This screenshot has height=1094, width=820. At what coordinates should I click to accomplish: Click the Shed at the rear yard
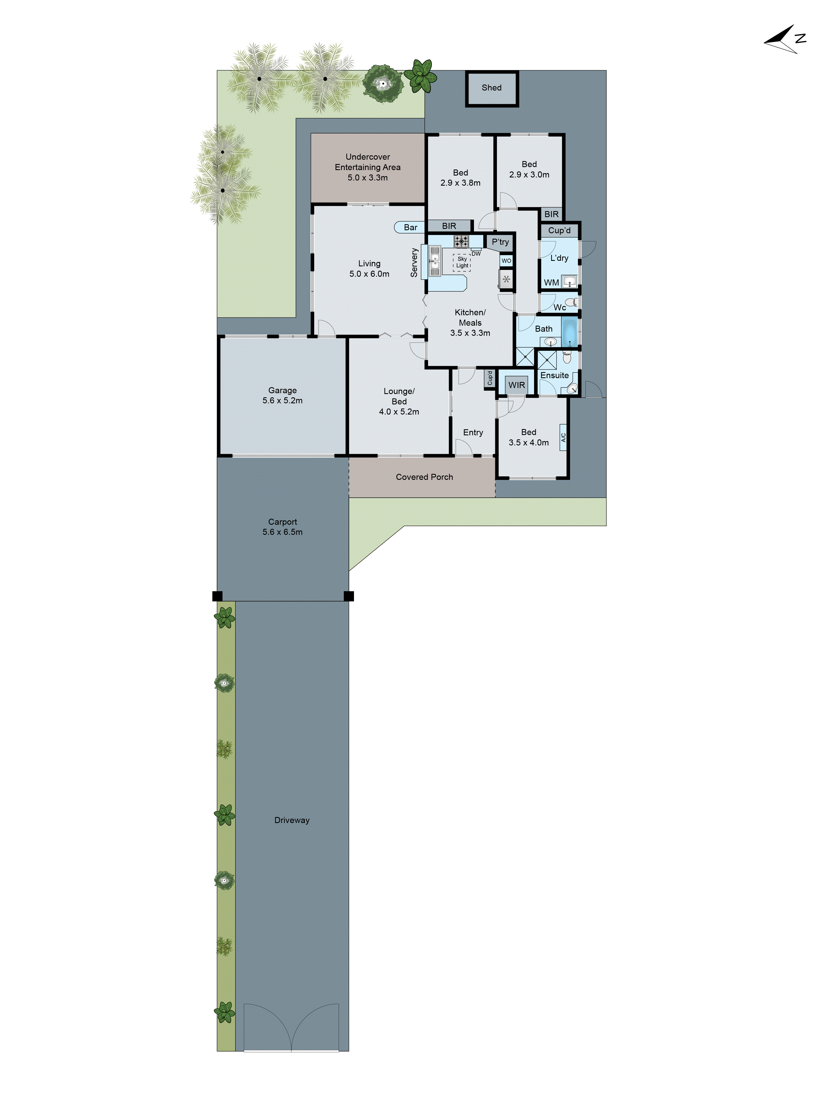pyautogui.click(x=491, y=88)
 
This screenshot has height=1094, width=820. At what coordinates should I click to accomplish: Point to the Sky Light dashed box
pyautogui.click(x=462, y=262)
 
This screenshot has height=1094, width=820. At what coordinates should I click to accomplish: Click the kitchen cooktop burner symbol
pyautogui.click(x=461, y=241)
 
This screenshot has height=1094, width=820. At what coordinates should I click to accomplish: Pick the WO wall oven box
pyautogui.click(x=506, y=261)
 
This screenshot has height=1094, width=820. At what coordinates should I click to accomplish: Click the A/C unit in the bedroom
pyautogui.click(x=563, y=437)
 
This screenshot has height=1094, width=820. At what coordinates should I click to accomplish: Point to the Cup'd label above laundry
pyautogui.click(x=559, y=231)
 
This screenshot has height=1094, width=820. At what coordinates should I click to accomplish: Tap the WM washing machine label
pyautogui.click(x=551, y=282)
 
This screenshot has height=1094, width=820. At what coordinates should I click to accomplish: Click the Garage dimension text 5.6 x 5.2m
pyautogui.click(x=282, y=401)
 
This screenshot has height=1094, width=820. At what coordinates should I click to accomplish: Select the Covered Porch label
pyautogui.click(x=424, y=477)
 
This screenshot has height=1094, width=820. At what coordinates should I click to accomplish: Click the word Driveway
pyautogui.click(x=292, y=820)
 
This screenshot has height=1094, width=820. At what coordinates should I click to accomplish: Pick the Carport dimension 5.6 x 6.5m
pyautogui.click(x=282, y=532)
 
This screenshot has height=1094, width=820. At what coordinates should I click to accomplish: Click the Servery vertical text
pyautogui.click(x=414, y=262)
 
